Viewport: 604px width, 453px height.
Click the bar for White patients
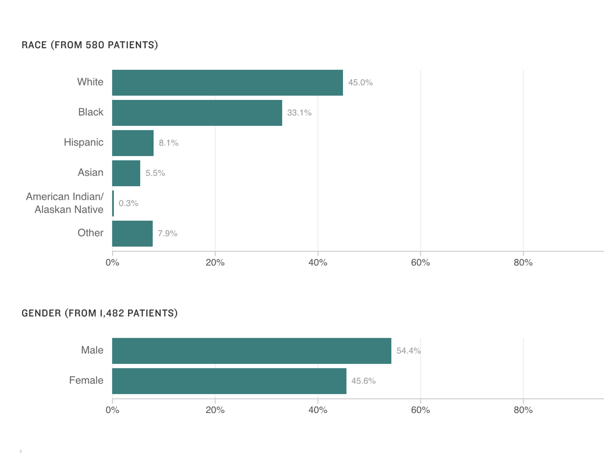coord(227,82)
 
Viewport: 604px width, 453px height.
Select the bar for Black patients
coord(197,113)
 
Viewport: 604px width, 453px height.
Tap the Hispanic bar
coord(133,143)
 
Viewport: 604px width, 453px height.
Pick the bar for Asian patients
coord(126,173)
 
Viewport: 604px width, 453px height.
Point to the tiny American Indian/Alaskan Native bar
coord(113,203)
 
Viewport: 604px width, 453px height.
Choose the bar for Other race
coord(132,234)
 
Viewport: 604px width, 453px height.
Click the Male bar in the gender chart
coord(251,351)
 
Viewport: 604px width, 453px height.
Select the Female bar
coord(229,381)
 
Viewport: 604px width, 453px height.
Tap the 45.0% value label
coord(360,82)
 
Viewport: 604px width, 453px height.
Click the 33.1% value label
coord(299,113)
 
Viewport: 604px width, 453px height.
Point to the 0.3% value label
coord(128,203)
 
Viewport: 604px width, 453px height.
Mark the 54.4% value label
coord(408,351)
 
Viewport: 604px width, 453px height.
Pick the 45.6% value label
coord(363,381)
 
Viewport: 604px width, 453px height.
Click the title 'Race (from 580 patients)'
coord(90,45)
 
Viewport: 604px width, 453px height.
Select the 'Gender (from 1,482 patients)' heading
coord(99,313)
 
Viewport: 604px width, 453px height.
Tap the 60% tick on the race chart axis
coord(420,262)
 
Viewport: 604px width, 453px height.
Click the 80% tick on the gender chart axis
coord(523,410)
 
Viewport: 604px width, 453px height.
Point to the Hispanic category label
coord(83,142)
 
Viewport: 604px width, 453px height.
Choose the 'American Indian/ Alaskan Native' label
coord(65,203)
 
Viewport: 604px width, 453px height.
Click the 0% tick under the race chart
coord(112,262)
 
